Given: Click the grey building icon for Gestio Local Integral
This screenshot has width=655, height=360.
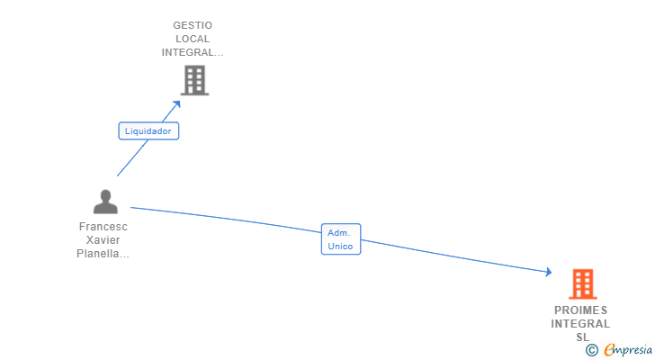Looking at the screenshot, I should pos(194,81).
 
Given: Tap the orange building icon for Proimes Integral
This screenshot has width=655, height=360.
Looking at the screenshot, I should pos(583,284).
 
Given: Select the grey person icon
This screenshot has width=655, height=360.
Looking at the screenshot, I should pos(105,202).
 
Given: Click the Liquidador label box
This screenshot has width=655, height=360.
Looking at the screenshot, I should pos(149,130).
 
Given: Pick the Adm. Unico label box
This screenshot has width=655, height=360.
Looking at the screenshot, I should pos(341,238).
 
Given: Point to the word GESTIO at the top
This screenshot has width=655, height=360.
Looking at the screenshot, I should pos(193,25).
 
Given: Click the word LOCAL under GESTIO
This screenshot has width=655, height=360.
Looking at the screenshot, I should pos(193,39).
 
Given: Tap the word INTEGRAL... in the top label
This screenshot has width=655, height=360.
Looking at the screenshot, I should pos(193,52).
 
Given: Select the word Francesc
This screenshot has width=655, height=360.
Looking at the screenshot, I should pos(103,227).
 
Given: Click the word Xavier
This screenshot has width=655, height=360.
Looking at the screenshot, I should pos(103,240).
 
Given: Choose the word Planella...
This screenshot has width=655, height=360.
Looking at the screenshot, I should pos(103,254).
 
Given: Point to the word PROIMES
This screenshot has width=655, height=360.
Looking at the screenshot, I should pos(581,310).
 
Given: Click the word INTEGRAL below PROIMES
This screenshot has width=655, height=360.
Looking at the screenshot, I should pos(581,324).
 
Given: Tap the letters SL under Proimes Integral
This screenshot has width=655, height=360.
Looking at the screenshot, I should pos(582,337).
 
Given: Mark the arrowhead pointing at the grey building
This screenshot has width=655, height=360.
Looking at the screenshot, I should pos(177,103).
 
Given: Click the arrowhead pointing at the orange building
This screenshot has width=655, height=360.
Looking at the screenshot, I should pos(548,272).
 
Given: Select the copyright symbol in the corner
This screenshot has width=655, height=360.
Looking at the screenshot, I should pos(591,349).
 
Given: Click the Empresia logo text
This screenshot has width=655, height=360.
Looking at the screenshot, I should pos(627,349).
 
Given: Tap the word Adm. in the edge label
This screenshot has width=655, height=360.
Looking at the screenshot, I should pos(338,232).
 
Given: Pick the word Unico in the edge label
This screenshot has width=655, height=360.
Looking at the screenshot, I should pos(341,246).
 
